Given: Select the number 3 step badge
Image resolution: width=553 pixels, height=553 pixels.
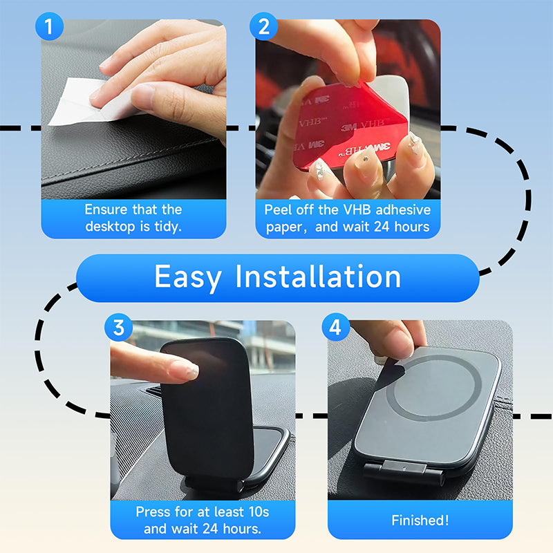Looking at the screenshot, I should click(x=118, y=328).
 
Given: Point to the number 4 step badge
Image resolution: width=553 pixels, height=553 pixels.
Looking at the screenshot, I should click(x=335, y=328).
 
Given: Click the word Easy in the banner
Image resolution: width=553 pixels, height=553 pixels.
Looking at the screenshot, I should click(x=188, y=277).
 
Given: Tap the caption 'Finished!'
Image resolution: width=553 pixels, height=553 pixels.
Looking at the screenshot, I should click(x=420, y=521).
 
